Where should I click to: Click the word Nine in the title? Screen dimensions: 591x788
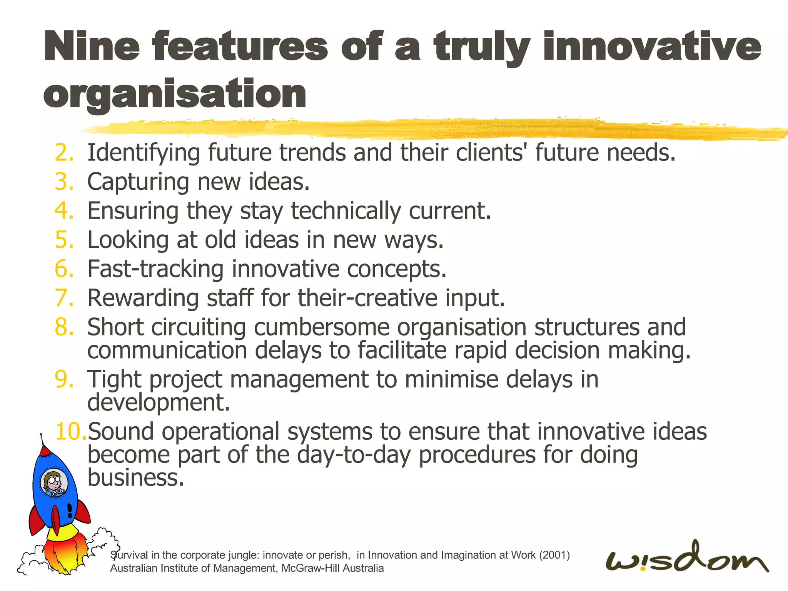click(x=92, y=47)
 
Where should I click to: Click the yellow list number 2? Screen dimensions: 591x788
click(x=63, y=153)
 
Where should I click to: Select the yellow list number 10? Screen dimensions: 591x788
click(x=71, y=431)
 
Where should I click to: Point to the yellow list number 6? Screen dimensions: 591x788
click(x=63, y=269)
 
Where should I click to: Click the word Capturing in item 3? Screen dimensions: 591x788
click(x=138, y=182)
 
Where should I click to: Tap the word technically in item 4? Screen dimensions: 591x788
click(x=346, y=211)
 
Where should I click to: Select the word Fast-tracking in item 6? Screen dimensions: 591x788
click(x=155, y=269)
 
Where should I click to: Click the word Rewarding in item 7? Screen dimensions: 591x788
click(x=143, y=298)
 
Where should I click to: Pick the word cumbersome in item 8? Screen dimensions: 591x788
click(x=321, y=327)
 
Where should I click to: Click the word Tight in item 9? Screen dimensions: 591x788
click(x=114, y=379)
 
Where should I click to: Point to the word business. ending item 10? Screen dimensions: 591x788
click(x=135, y=478)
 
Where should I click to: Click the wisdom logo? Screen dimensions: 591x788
click(x=687, y=559)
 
